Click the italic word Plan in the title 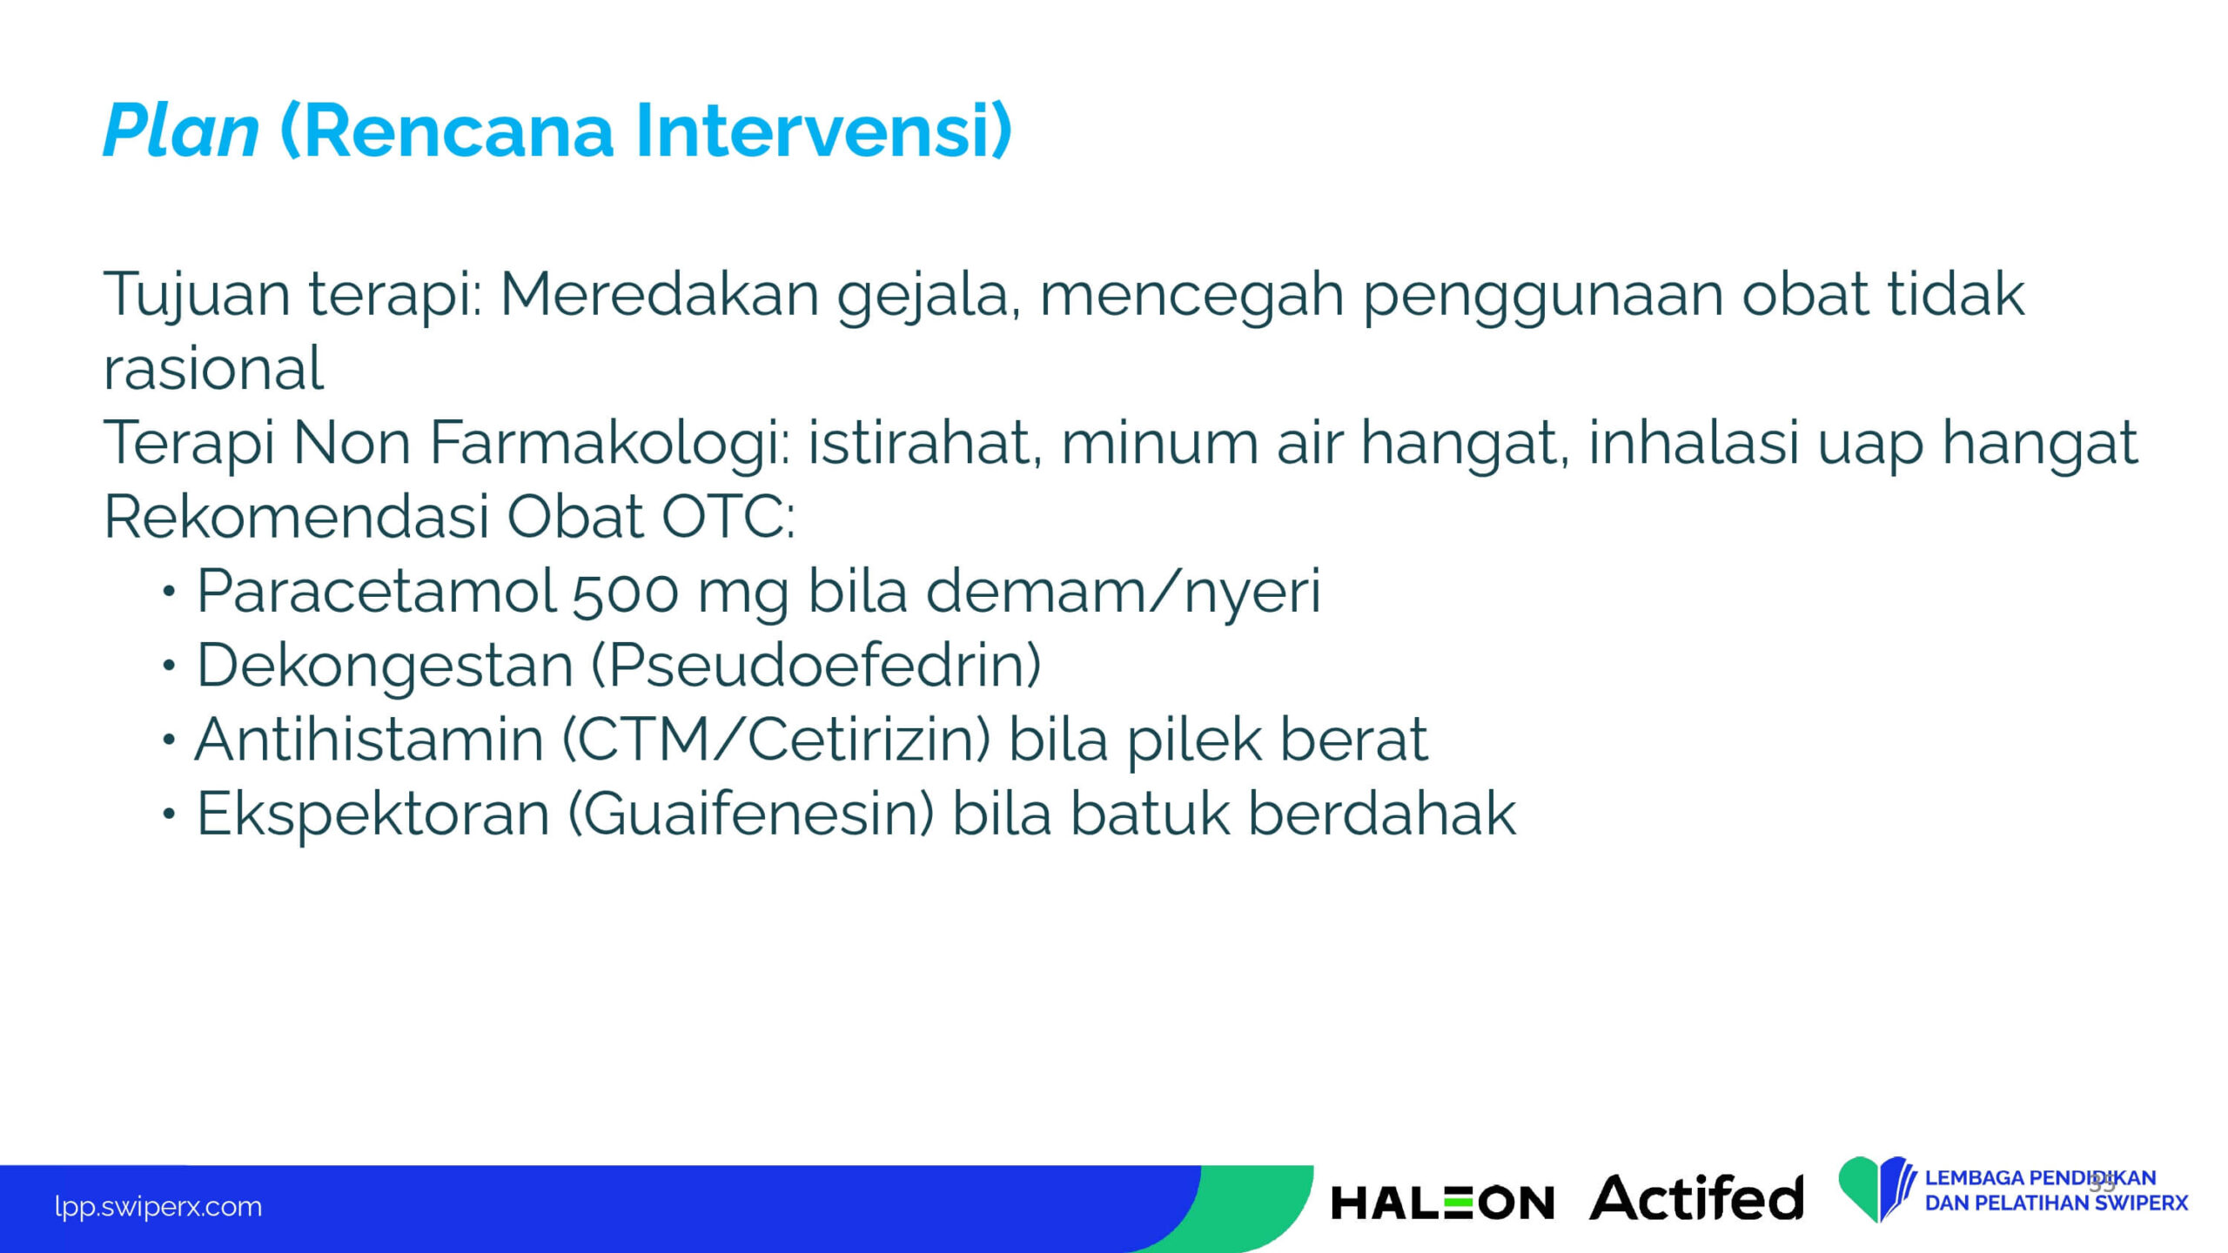181,131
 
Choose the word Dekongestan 385,667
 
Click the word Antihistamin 369,740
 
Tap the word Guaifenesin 750,814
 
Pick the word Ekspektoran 373,814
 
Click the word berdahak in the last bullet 1382,814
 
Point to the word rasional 213,368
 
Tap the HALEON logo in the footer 1442,1203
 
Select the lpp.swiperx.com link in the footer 158,1207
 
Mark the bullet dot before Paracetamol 169,593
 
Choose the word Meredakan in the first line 660,294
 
